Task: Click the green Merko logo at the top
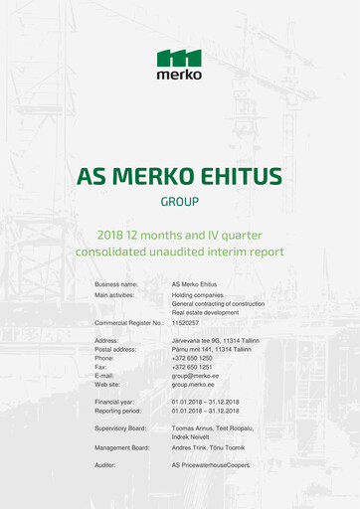(179, 64)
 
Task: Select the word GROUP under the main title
(180, 202)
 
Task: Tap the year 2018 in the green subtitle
(114, 235)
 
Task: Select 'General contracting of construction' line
(218, 304)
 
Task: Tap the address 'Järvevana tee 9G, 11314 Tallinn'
(215, 340)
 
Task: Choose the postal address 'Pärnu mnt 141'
(195, 349)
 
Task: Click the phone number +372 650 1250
(192, 358)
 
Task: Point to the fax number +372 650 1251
(192, 367)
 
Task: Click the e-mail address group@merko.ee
(195, 376)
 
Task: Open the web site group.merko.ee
(194, 385)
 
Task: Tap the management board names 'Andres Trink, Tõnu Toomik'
(208, 447)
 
